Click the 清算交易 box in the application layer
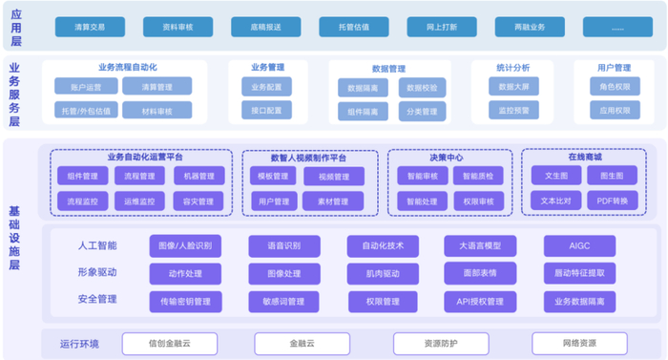click(x=91, y=27)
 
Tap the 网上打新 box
click(x=442, y=27)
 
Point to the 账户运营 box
click(x=86, y=87)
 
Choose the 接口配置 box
click(x=266, y=111)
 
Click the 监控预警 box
click(x=512, y=111)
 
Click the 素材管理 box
click(x=333, y=201)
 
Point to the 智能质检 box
click(x=477, y=176)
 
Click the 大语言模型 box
click(x=479, y=246)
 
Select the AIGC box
click(x=579, y=246)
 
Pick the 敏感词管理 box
click(x=283, y=302)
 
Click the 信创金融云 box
click(x=170, y=343)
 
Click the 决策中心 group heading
click(x=447, y=156)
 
